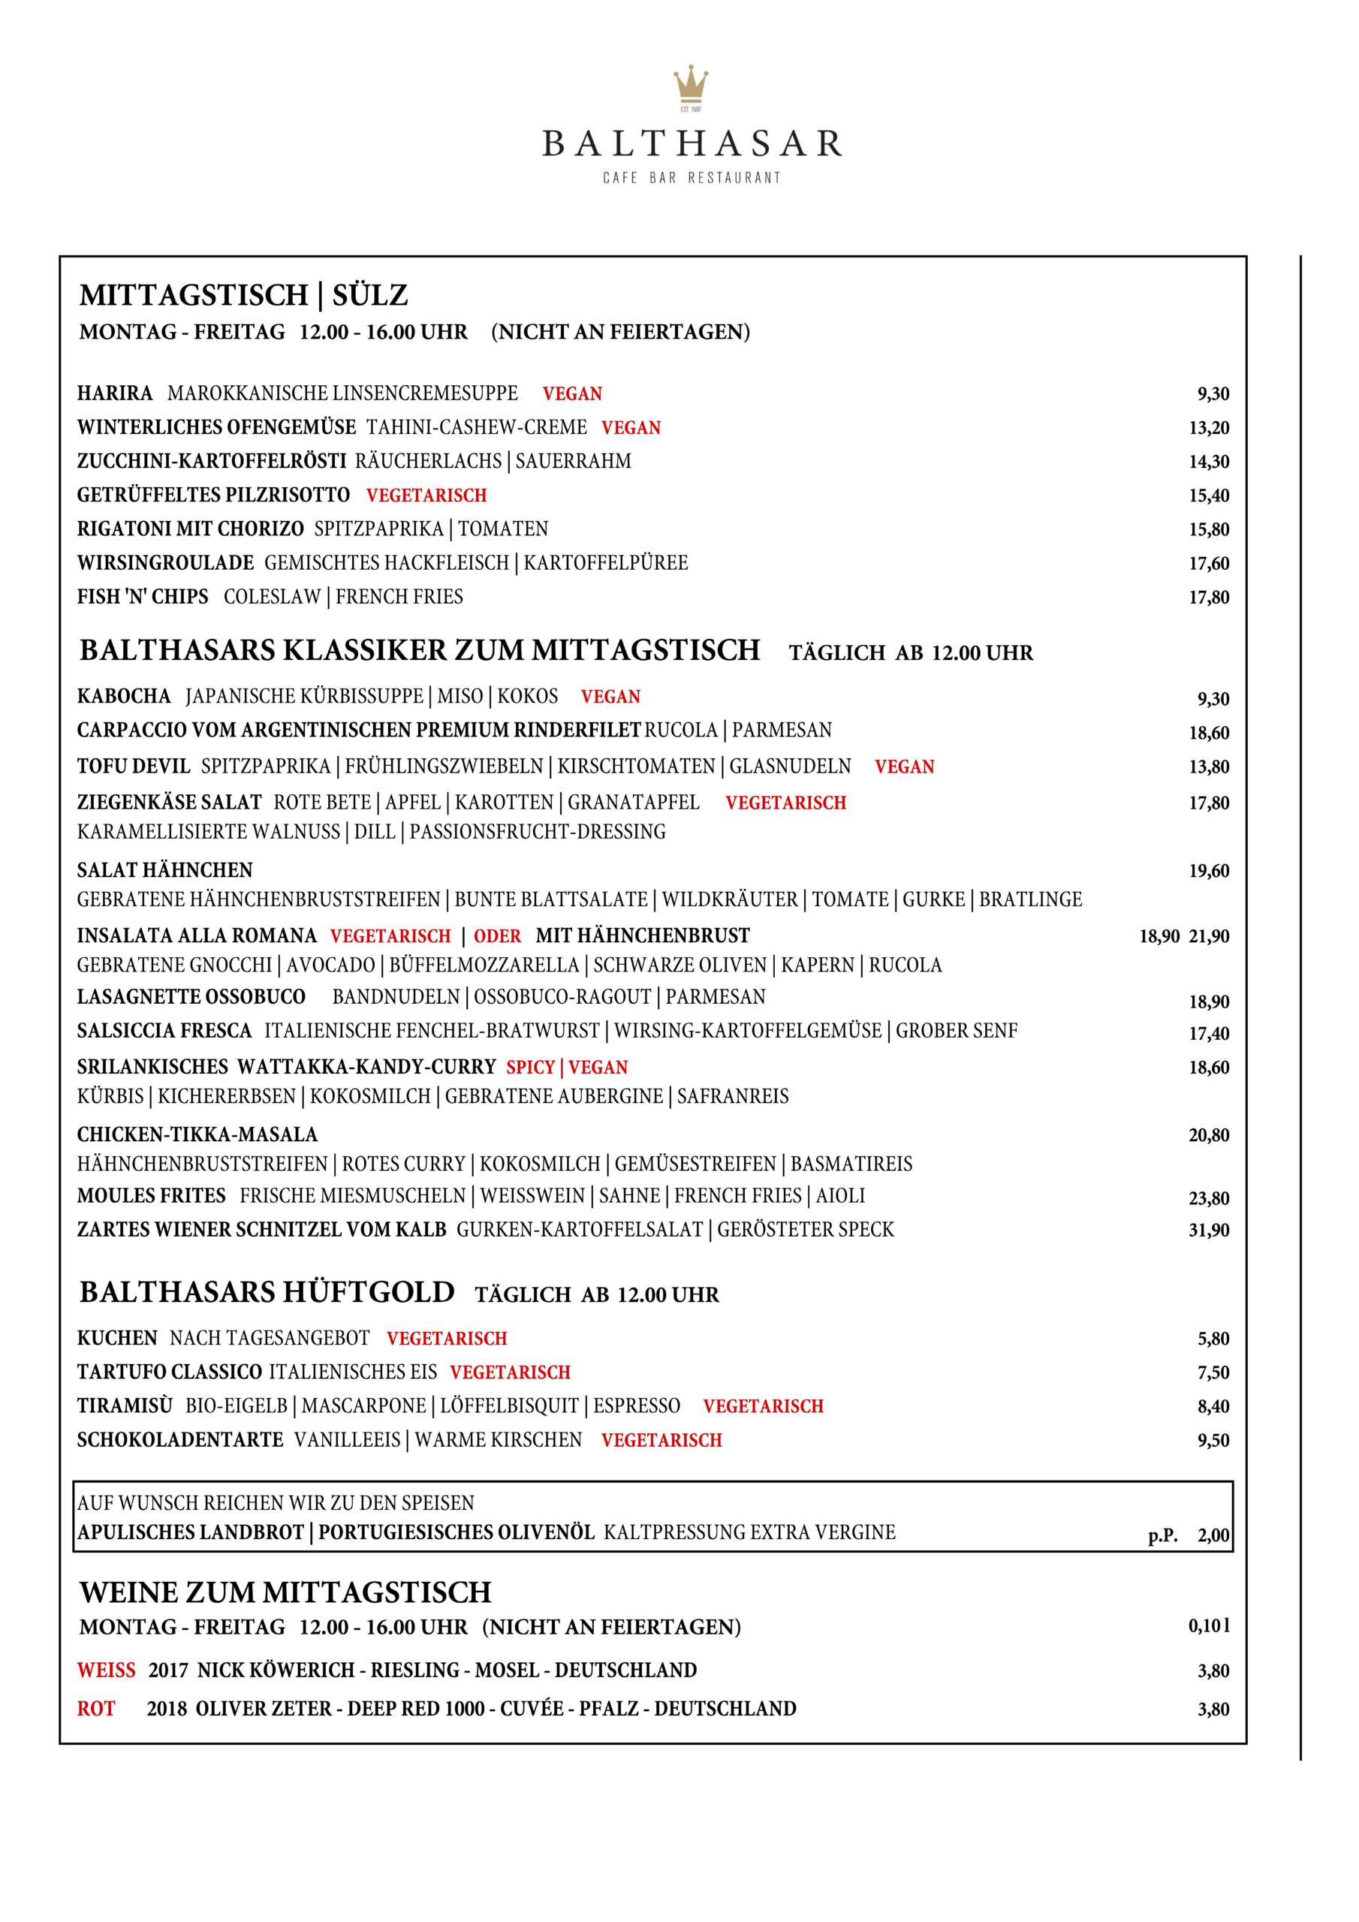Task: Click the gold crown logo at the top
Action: (691, 86)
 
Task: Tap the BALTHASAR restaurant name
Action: (692, 144)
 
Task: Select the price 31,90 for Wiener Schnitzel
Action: (1209, 1230)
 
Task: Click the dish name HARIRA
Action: (115, 393)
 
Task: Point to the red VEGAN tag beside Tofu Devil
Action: (904, 767)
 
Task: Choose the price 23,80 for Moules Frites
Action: (1209, 1198)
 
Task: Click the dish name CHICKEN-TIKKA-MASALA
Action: (197, 1135)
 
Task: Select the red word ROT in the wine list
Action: (96, 1709)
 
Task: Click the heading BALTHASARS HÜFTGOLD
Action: (267, 1293)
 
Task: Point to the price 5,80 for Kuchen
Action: (1213, 1339)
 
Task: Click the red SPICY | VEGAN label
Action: (567, 1068)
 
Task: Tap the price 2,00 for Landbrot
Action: (1213, 1535)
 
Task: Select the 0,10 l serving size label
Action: (1209, 1626)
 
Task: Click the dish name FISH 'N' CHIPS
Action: (143, 597)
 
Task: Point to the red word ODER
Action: (497, 936)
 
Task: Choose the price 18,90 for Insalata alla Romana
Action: (1159, 937)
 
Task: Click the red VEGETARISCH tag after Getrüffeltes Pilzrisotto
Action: (426, 496)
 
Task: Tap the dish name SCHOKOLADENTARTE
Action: (180, 1440)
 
